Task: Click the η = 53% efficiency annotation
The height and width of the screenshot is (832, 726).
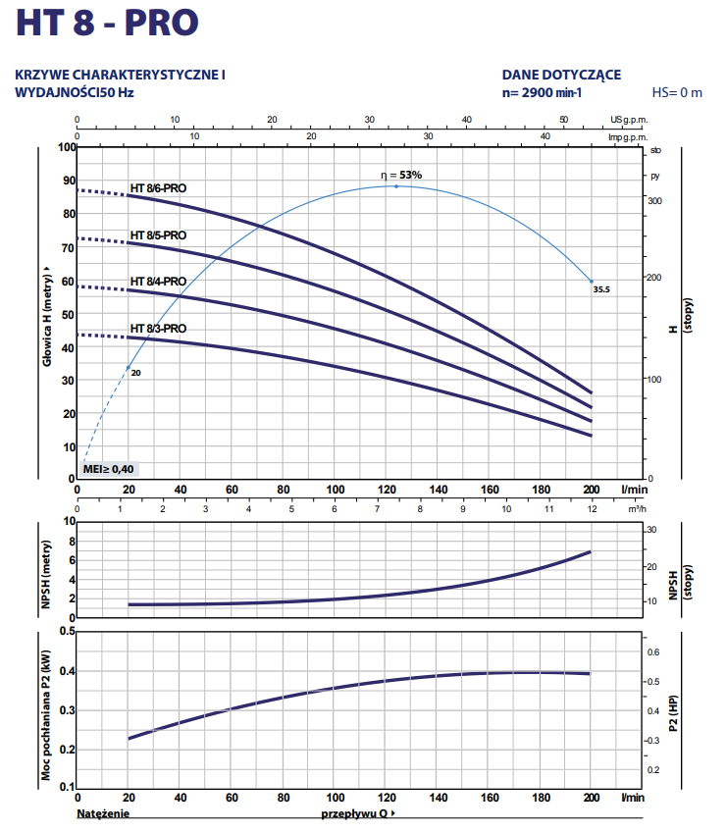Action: [x=401, y=175]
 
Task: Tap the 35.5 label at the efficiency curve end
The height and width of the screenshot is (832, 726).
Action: [x=601, y=290]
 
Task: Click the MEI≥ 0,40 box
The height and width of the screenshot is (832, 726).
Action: [x=109, y=468]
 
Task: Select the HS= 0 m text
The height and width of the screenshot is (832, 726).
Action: [x=677, y=93]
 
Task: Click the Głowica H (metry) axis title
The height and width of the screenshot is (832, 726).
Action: [x=46, y=314]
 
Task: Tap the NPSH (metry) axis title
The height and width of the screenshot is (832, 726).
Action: [x=46, y=570]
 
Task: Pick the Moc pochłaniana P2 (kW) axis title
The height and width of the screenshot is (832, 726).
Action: [x=46, y=715]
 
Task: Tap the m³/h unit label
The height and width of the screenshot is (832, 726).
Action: [x=636, y=509]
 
